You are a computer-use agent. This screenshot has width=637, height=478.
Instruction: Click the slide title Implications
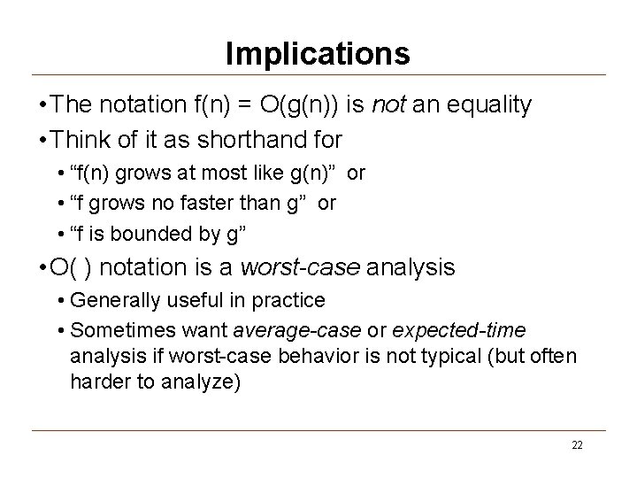tap(318, 54)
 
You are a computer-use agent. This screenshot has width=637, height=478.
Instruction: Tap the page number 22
tap(577, 444)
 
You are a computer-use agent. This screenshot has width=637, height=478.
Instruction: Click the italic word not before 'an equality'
tap(390, 106)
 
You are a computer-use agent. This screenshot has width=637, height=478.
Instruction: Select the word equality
tap(489, 106)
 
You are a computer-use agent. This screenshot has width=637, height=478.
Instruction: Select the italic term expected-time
tap(458, 330)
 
